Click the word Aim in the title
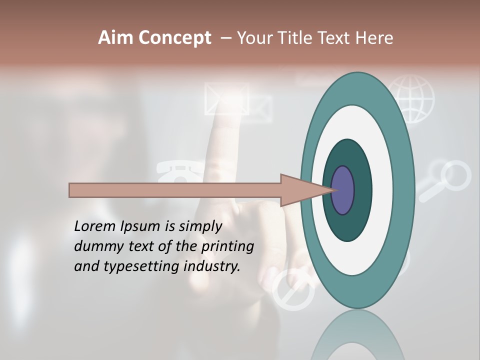point(116,38)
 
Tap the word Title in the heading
point(295,38)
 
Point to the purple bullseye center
point(343,190)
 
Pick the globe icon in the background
point(411,99)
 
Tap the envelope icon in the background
point(226,99)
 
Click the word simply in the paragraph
point(200,226)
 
